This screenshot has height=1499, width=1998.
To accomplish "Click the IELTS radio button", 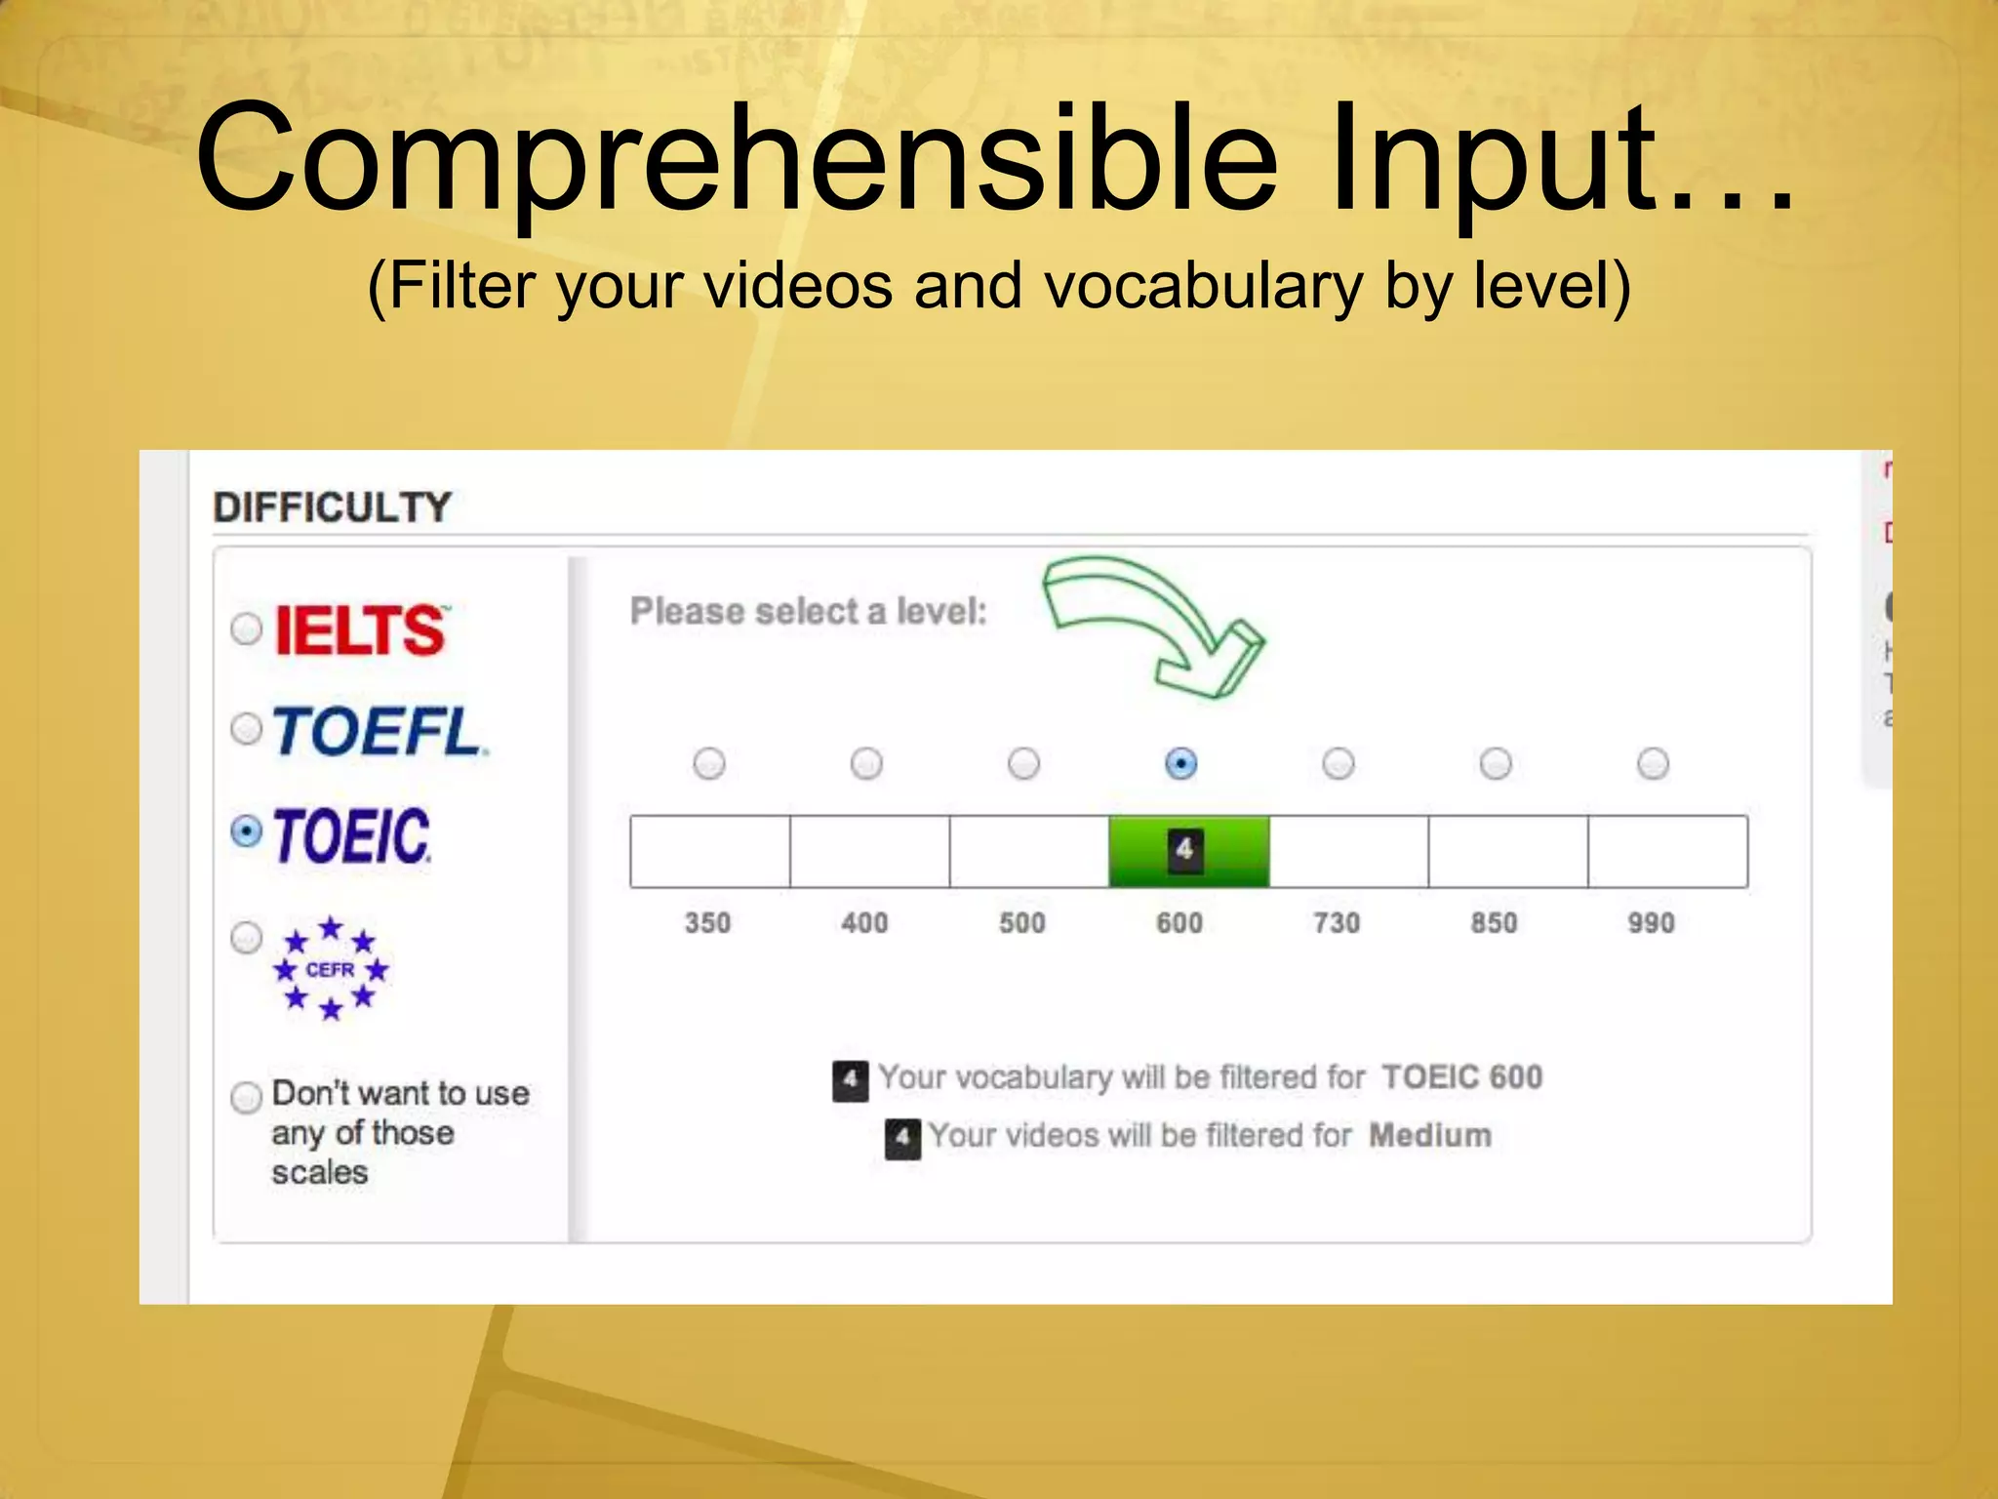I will click(x=246, y=628).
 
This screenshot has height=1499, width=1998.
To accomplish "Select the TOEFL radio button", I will click(x=246, y=728).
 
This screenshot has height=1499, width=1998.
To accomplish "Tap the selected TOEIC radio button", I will click(x=246, y=831).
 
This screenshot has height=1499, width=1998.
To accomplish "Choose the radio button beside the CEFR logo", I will click(x=246, y=938).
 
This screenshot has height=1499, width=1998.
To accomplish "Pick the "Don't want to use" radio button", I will click(x=246, y=1097).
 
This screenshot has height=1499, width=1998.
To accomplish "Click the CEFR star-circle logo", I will click(x=331, y=969).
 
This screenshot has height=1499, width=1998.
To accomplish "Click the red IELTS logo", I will click(x=360, y=629).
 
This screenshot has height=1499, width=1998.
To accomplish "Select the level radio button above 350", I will click(x=709, y=763).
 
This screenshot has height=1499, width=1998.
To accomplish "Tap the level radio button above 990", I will click(x=1653, y=763).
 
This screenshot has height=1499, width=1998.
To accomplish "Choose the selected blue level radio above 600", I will click(x=1180, y=763).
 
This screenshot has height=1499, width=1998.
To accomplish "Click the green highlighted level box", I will click(x=1188, y=851).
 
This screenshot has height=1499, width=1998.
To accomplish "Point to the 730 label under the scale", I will click(x=1337, y=923).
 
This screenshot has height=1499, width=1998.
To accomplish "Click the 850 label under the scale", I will click(x=1494, y=923).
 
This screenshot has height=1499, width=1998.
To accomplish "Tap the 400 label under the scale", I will click(x=864, y=923).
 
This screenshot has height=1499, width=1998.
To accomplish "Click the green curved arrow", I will click(x=1151, y=621).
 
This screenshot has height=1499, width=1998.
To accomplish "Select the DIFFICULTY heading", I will click(x=332, y=507).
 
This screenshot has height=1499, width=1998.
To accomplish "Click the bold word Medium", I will click(x=1430, y=1136).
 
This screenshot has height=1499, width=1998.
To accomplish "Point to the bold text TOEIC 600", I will click(x=1461, y=1077).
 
